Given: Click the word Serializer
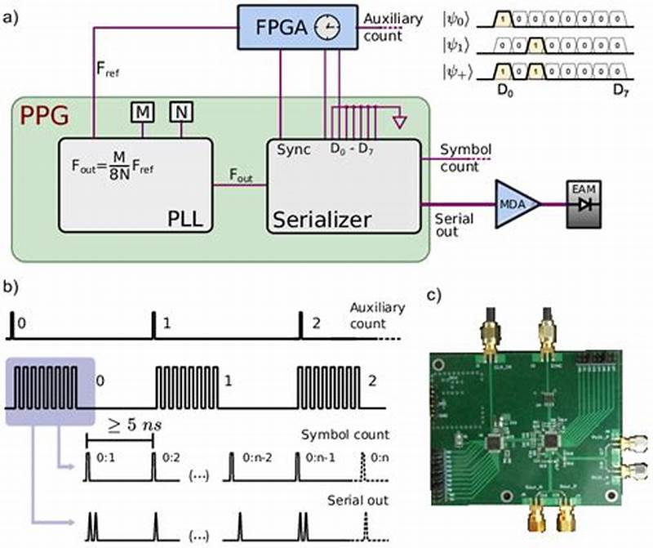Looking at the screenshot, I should coord(323,219).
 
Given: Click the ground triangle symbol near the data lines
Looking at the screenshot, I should coord(398,123).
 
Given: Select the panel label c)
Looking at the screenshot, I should coord(438,294).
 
